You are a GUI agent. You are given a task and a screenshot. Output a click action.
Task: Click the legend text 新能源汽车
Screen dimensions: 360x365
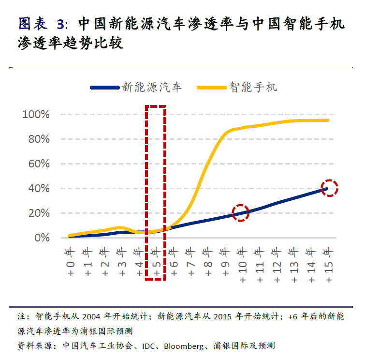coord(152,87)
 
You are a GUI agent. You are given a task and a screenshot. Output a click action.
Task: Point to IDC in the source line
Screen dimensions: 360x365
coord(151,346)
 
